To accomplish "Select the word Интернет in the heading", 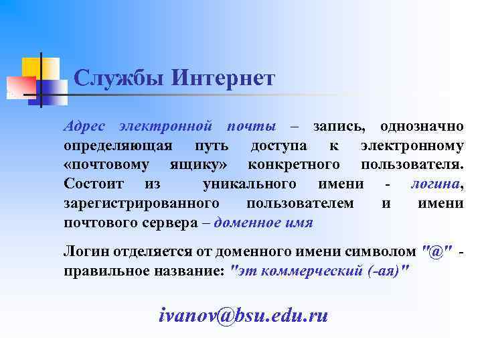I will point(223,79).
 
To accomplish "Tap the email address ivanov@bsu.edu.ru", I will point(244,315).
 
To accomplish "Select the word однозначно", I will point(422,126).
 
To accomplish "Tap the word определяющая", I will point(118,145).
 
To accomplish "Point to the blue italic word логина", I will point(434,184).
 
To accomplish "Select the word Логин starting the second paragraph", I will point(84,251).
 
